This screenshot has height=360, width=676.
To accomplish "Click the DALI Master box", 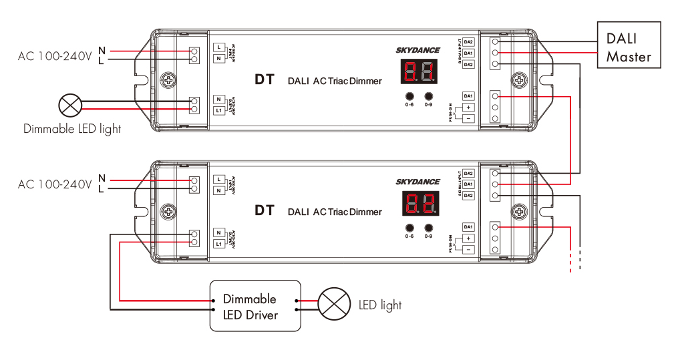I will point(628,45).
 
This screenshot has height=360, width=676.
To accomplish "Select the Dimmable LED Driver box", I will point(255,306).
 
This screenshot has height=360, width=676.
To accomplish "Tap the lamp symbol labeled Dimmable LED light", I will point(70,104).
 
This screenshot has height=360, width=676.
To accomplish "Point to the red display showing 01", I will point(420,71).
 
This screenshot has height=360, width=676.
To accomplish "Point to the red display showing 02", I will point(420,203).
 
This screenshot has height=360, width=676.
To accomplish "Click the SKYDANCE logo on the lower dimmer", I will point(417,182).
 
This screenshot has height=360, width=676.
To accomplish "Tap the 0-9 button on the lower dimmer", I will point(428,227).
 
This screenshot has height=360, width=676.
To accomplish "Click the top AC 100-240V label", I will point(55,56).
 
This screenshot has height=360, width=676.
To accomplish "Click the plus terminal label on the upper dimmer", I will point(468,108).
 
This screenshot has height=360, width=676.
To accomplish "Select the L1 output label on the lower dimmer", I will point(218,244).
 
